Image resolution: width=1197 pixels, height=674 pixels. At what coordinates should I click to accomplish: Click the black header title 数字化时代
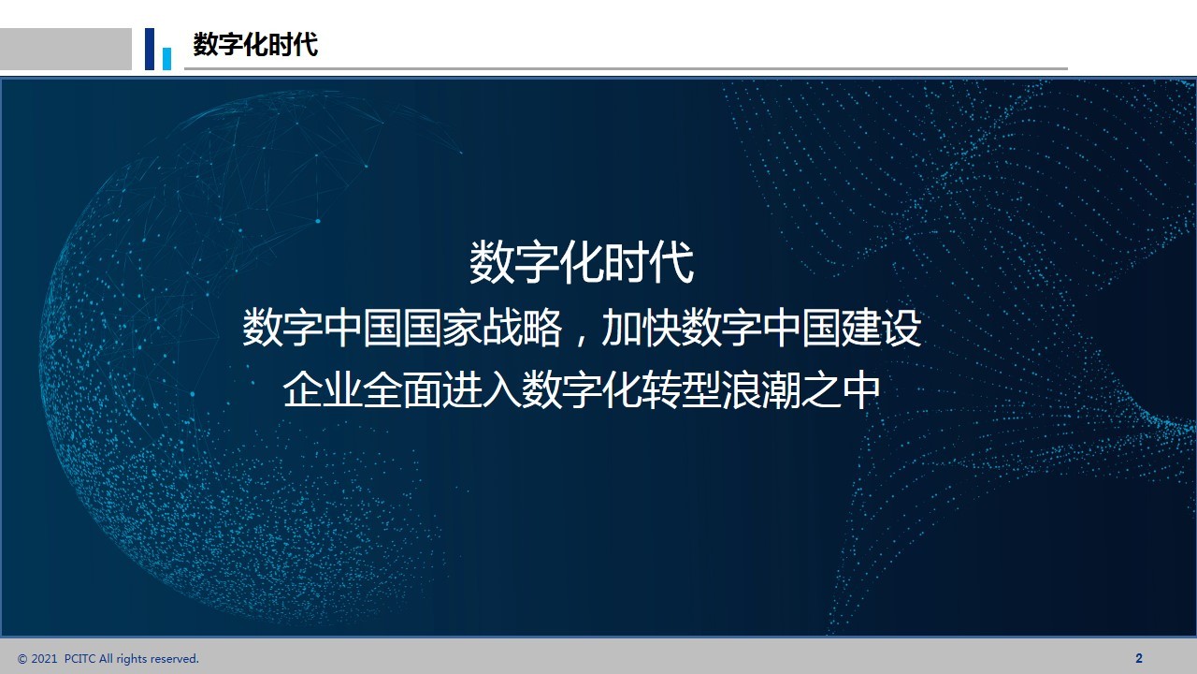(x=255, y=44)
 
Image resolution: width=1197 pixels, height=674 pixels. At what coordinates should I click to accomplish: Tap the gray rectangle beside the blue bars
(x=65, y=50)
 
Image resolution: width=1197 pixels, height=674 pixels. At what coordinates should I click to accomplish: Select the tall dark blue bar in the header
(x=150, y=50)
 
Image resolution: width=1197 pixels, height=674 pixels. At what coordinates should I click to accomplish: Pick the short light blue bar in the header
(x=166, y=59)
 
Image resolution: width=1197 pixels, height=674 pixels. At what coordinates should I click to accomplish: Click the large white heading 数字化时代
(x=582, y=262)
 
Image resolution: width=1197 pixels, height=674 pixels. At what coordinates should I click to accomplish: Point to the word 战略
(x=522, y=328)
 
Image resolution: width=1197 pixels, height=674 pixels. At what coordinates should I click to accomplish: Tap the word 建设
(x=881, y=328)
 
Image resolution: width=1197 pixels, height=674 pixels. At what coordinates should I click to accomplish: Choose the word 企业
(x=323, y=389)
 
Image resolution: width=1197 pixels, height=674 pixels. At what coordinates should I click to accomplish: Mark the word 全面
(x=402, y=389)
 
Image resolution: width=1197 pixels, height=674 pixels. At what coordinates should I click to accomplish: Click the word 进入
(x=482, y=389)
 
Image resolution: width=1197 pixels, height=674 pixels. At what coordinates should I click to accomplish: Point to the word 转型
(x=682, y=389)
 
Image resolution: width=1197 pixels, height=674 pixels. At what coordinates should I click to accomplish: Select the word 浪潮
(x=761, y=389)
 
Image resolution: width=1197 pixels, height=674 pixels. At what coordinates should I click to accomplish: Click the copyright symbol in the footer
(x=22, y=659)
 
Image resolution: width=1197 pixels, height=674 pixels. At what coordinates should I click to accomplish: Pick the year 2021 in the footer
(x=44, y=658)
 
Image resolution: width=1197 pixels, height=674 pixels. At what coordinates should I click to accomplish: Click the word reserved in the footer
(x=175, y=658)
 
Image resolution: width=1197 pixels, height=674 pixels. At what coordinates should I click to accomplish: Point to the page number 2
(x=1139, y=658)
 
